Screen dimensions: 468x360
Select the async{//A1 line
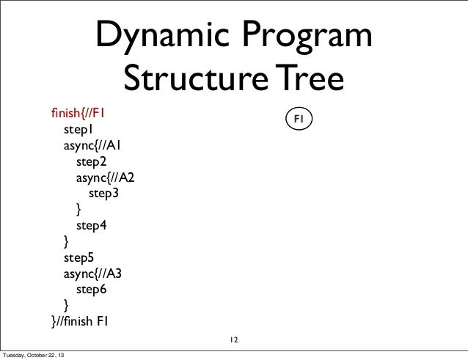click(92, 146)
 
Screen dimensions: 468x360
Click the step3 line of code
click(103, 194)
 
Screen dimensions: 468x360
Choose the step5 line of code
click(78, 258)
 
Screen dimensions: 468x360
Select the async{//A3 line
click(92, 273)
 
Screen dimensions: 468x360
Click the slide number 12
click(233, 340)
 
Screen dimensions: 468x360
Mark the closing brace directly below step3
click(79, 210)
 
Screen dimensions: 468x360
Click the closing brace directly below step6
click(67, 306)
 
